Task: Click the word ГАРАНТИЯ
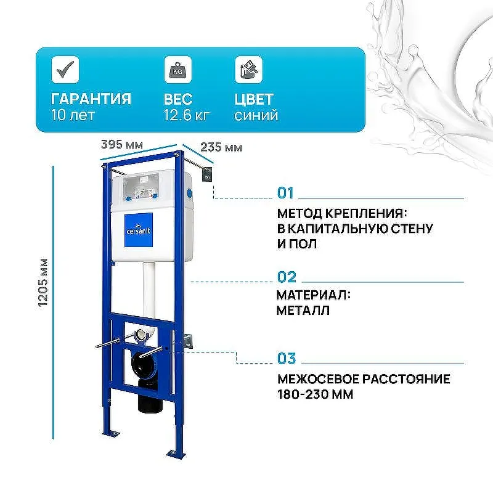(x=91, y=99)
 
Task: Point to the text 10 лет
(x=74, y=115)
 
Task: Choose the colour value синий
(x=256, y=115)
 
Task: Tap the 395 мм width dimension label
(x=123, y=145)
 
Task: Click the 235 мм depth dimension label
(x=221, y=147)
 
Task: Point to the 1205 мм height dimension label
(x=43, y=283)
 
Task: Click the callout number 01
(x=286, y=194)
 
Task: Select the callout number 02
(x=287, y=277)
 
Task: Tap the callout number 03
(x=287, y=358)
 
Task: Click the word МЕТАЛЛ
(x=303, y=310)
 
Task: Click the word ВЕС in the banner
(x=178, y=99)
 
